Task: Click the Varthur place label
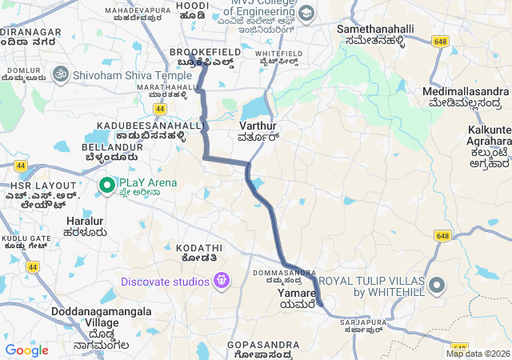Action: click(x=258, y=126)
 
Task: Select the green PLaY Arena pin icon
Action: click(x=106, y=185)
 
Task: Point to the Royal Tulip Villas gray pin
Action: click(x=437, y=286)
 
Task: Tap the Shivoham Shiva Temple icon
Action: click(x=58, y=74)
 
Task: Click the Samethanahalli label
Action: click(x=376, y=29)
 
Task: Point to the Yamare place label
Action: click(x=298, y=294)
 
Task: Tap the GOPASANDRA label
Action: click(x=263, y=345)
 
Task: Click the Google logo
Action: click(x=26, y=350)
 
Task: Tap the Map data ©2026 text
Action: click(x=478, y=354)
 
